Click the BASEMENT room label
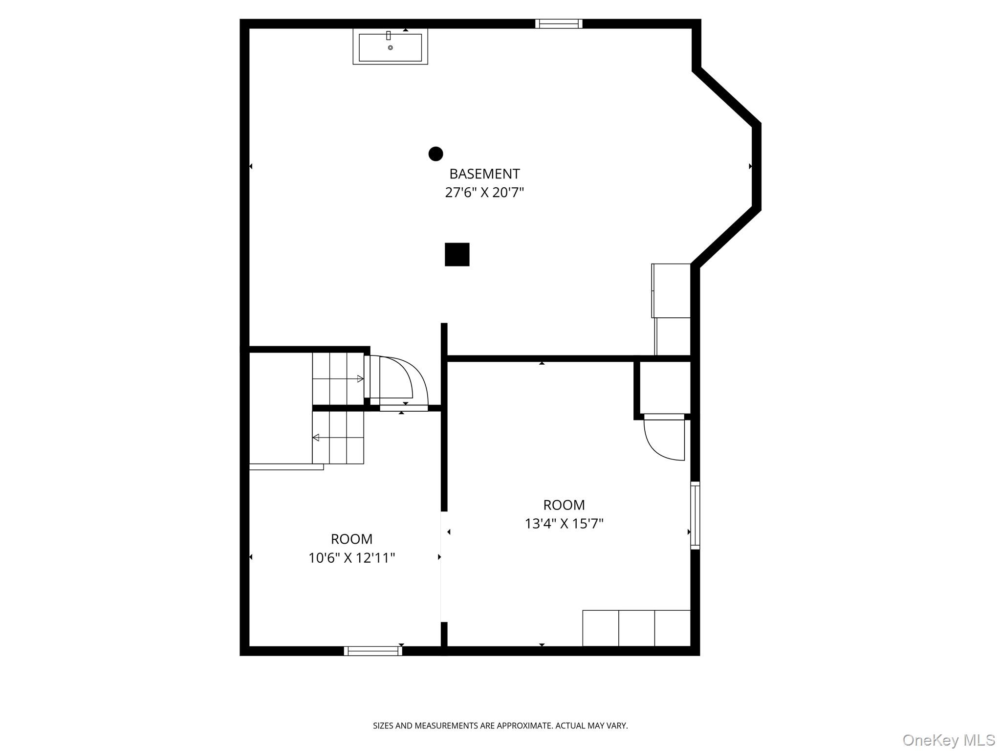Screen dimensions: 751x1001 click(484, 174)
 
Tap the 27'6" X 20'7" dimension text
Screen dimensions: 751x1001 click(484, 193)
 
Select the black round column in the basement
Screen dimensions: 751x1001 click(435, 154)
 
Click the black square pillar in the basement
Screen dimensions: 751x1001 click(457, 255)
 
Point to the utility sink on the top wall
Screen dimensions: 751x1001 click(390, 47)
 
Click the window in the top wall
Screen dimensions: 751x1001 click(559, 24)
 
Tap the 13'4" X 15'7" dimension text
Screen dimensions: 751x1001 click(564, 524)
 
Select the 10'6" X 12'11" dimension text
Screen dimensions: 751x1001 click(351, 558)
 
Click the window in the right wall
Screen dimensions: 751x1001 click(695, 515)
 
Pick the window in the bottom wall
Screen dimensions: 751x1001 click(373, 651)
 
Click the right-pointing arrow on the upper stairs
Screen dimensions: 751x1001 click(360, 379)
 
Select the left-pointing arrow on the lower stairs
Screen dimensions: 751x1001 click(316, 438)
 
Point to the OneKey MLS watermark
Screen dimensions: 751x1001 click(948, 740)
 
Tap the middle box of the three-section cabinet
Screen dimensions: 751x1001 click(636, 628)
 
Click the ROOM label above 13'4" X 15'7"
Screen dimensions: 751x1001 click(564, 505)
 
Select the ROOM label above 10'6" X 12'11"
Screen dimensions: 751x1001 click(351, 539)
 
